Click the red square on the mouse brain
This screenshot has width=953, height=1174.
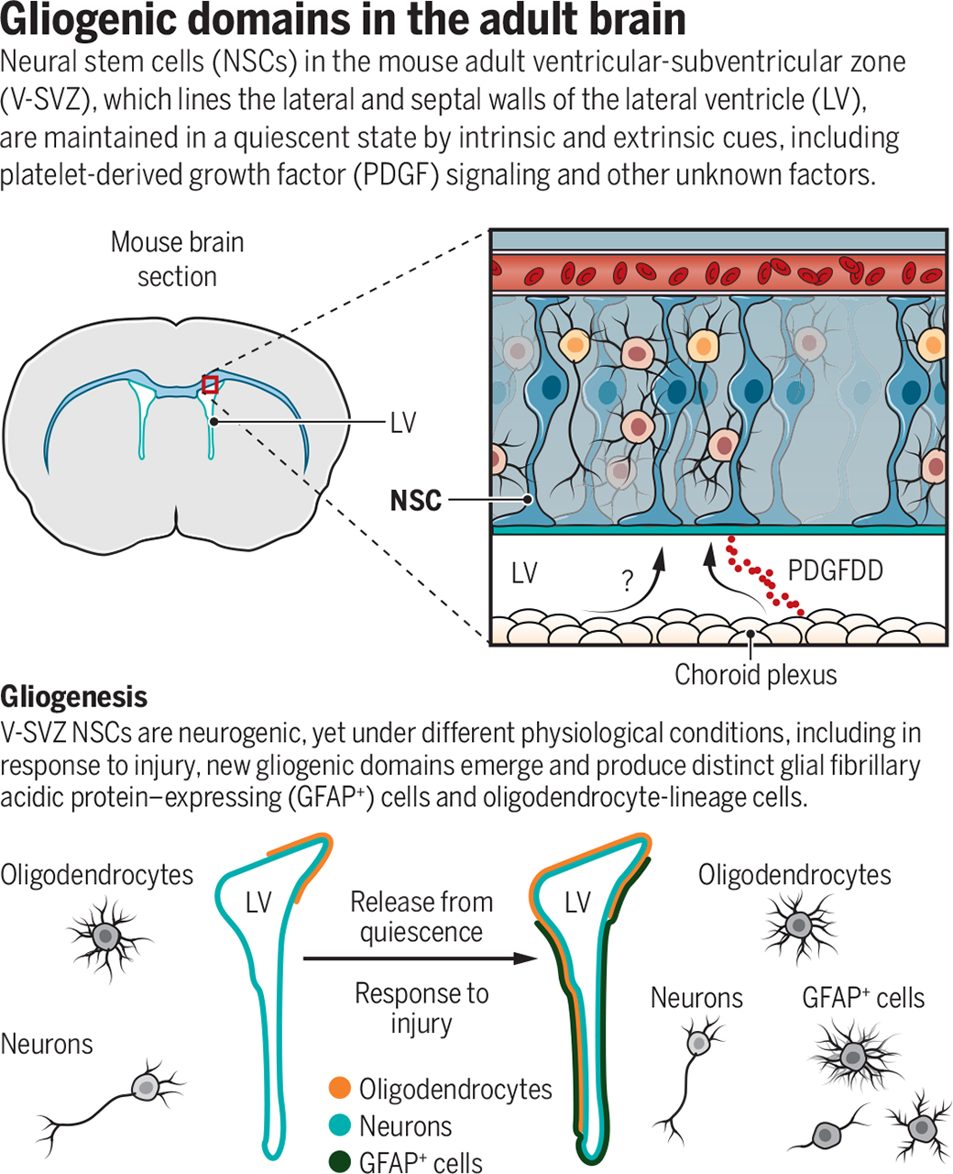click(210, 384)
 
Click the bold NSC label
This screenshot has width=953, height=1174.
click(415, 501)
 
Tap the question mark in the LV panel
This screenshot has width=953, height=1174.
click(627, 581)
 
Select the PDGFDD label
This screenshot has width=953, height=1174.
click(835, 570)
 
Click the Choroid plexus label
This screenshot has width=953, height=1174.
click(755, 675)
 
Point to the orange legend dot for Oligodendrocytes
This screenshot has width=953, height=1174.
click(340, 1089)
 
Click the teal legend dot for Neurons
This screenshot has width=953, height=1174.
click(340, 1125)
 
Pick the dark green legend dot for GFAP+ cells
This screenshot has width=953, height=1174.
click(340, 1162)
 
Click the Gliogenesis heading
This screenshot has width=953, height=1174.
click(73, 697)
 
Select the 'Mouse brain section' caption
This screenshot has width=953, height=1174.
click(177, 260)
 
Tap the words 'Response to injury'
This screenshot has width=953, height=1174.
click(422, 1007)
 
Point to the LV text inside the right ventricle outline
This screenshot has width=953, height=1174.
click(577, 903)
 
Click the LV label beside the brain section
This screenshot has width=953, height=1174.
click(402, 422)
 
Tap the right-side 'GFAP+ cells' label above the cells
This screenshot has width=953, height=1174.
click(862, 998)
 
